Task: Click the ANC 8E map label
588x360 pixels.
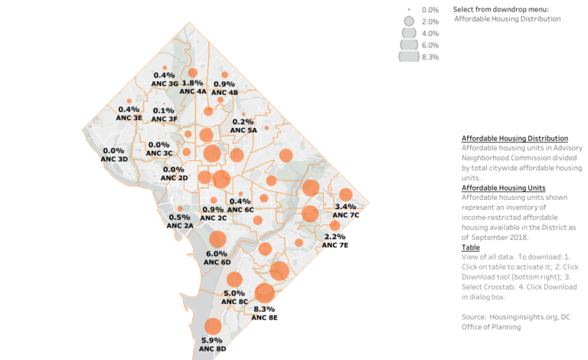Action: [x=264, y=317]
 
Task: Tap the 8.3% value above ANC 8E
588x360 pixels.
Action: [x=264, y=309]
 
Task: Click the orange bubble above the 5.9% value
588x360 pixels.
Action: [x=213, y=327]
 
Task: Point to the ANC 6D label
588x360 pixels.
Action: [x=217, y=263]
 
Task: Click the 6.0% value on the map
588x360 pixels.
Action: [x=217, y=254]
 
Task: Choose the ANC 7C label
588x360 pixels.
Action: [x=346, y=215]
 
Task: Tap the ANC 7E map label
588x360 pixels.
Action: [x=335, y=245]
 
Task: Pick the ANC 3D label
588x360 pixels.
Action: [x=114, y=159]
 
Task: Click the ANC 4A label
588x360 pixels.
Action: [x=193, y=91]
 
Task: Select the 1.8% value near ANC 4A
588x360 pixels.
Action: [x=192, y=83]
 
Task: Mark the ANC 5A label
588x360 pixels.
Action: [x=243, y=130]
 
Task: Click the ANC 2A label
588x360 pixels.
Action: [x=180, y=226]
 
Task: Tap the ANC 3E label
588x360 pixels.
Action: [x=129, y=119]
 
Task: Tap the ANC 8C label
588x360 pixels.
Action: [x=234, y=302]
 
